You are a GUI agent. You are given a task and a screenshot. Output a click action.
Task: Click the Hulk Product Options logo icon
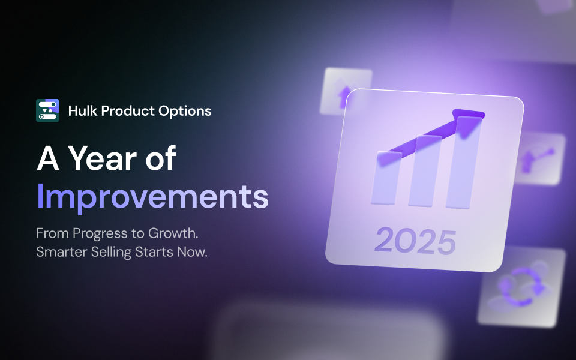pos(47,110)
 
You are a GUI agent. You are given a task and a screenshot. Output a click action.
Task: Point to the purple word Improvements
pos(152,196)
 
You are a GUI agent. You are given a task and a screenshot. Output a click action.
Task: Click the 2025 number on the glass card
pos(415,241)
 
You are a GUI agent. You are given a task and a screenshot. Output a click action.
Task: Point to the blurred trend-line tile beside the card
pos(539,158)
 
